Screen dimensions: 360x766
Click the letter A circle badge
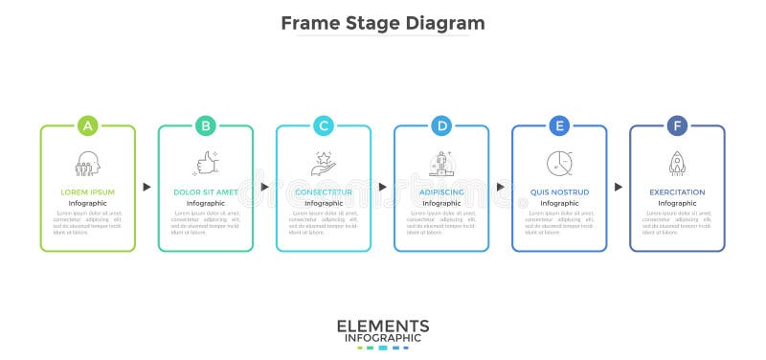[x=88, y=125]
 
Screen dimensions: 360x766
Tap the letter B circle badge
[x=206, y=125]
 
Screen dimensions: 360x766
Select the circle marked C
[x=324, y=125]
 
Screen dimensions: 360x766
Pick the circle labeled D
[x=441, y=125]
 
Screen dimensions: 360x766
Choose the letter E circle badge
[x=559, y=125]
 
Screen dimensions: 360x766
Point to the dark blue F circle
[x=677, y=125]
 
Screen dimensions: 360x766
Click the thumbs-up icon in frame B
[x=206, y=163]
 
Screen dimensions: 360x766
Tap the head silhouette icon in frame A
[x=88, y=163]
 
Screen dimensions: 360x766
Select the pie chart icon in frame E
[x=559, y=163]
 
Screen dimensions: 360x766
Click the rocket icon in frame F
[x=677, y=163]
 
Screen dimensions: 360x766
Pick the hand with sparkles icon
[x=324, y=163]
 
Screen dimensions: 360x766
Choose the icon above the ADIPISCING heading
[x=441, y=163]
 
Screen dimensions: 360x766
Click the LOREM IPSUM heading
[x=88, y=191]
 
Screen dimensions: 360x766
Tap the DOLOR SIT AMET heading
[x=206, y=191]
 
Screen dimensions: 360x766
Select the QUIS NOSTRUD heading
[x=559, y=191]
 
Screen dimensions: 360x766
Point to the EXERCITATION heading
[x=677, y=191]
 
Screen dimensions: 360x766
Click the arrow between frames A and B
[x=146, y=187]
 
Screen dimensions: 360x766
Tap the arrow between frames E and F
[x=619, y=187]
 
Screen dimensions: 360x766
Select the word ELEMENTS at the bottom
[x=383, y=326]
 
